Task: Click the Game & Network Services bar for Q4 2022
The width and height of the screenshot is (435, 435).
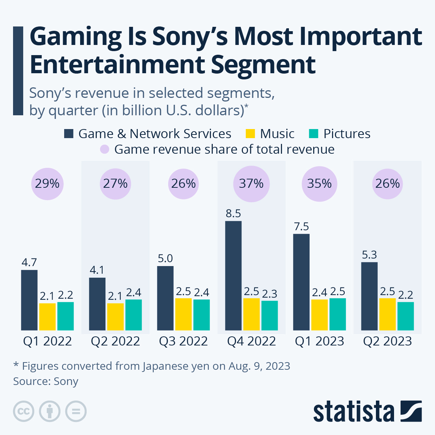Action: click(x=233, y=275)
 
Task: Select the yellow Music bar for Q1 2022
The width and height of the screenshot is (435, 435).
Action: click(x=47, y=316)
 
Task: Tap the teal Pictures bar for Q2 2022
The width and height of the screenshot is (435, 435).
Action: click(x=133, y=315)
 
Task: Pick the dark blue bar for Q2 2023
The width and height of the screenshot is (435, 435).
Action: click(x=369, y=296)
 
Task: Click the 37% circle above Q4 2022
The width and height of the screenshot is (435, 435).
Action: click(x=251, y=183)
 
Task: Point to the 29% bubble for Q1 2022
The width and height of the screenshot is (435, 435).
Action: click(x=47, y=183)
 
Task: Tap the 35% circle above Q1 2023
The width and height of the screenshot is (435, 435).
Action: click(x=319, y=183)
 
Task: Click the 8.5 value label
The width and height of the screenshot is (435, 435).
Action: click(x=233, y=214)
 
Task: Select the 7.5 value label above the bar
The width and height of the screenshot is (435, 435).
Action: click(x=302, y=227)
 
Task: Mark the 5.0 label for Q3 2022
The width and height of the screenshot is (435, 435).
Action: click(x=165, y=258)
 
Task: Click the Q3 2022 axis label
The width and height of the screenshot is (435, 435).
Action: click(x=183, y=341)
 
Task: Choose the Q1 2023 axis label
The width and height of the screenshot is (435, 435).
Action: click(x=319, y=341)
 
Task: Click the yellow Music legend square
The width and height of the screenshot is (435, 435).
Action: click(x=250, y=134)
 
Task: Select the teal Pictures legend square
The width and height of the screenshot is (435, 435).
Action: click(x=314, y=134)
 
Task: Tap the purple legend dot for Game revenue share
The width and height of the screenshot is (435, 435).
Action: click(x=105, y=149)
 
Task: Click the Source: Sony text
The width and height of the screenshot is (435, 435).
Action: click(x=46, y=381)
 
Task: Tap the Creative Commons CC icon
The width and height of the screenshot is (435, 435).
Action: click(x=24, y=411)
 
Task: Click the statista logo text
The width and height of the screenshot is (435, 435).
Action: click(x=353, y=412)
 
